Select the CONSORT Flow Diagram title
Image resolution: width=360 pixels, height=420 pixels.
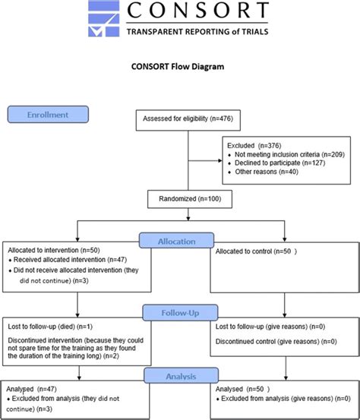point(180,66)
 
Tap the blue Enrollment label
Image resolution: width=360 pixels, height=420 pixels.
point(47,114)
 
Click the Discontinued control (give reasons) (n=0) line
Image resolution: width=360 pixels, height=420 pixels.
point(276,341)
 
